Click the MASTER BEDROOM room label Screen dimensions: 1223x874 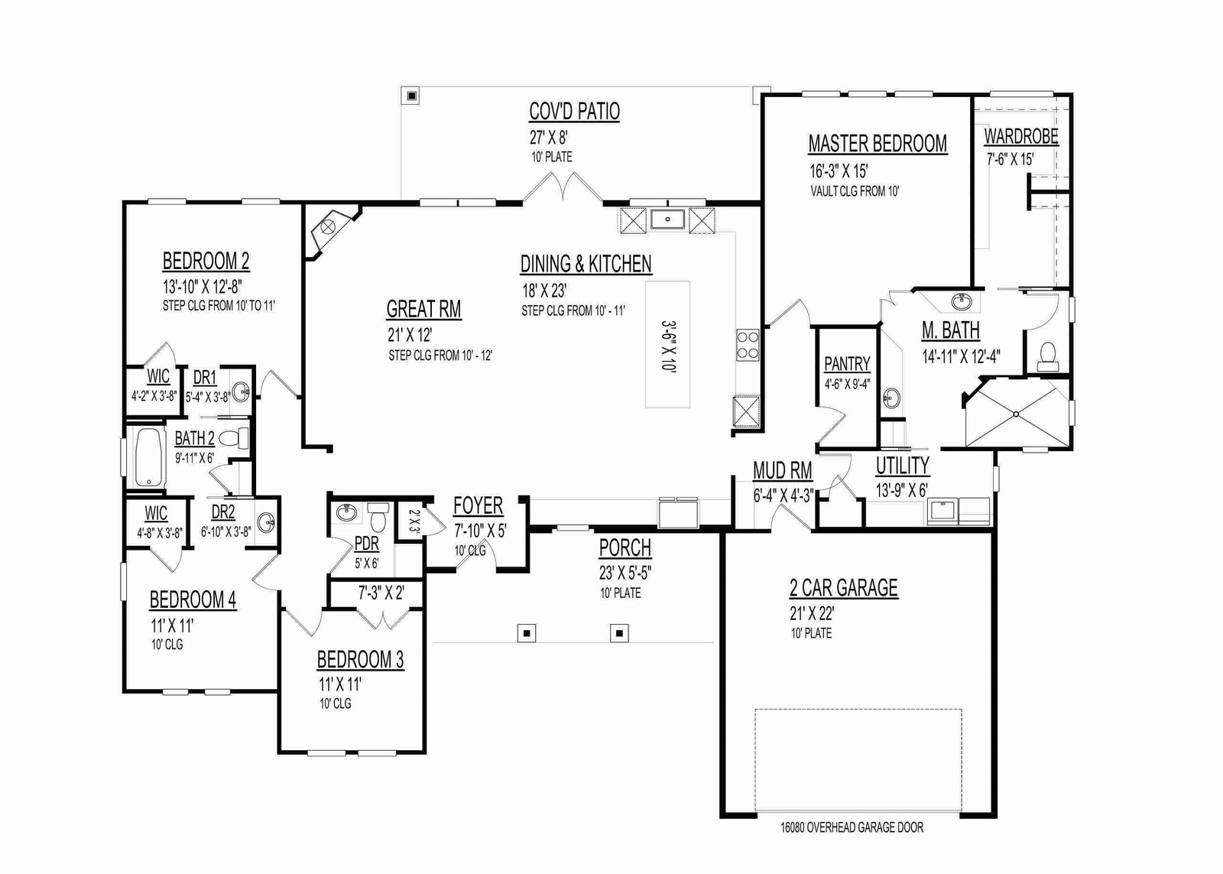click(878, 144)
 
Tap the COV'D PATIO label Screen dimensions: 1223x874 click(574, 112)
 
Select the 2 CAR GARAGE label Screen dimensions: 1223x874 click(844, 588)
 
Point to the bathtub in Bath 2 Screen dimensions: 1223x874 click(149, 458)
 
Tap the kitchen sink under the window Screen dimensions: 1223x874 click(668, 219)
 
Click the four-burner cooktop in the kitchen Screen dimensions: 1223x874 click(747, 345)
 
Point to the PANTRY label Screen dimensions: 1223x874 click(847, 364)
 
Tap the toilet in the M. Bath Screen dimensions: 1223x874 click(1047, 354)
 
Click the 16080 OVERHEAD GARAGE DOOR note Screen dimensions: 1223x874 click(852, 827)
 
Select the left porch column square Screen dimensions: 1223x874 click(527, 633)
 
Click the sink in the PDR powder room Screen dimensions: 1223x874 click(346, 513)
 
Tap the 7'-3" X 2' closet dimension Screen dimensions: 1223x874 click(381, 593)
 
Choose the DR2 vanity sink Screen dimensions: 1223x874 click(267, 521)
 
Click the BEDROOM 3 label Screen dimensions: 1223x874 click(360, 660)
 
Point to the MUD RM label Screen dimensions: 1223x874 click(783, 470)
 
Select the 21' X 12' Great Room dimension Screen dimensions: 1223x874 click(410, 335)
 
